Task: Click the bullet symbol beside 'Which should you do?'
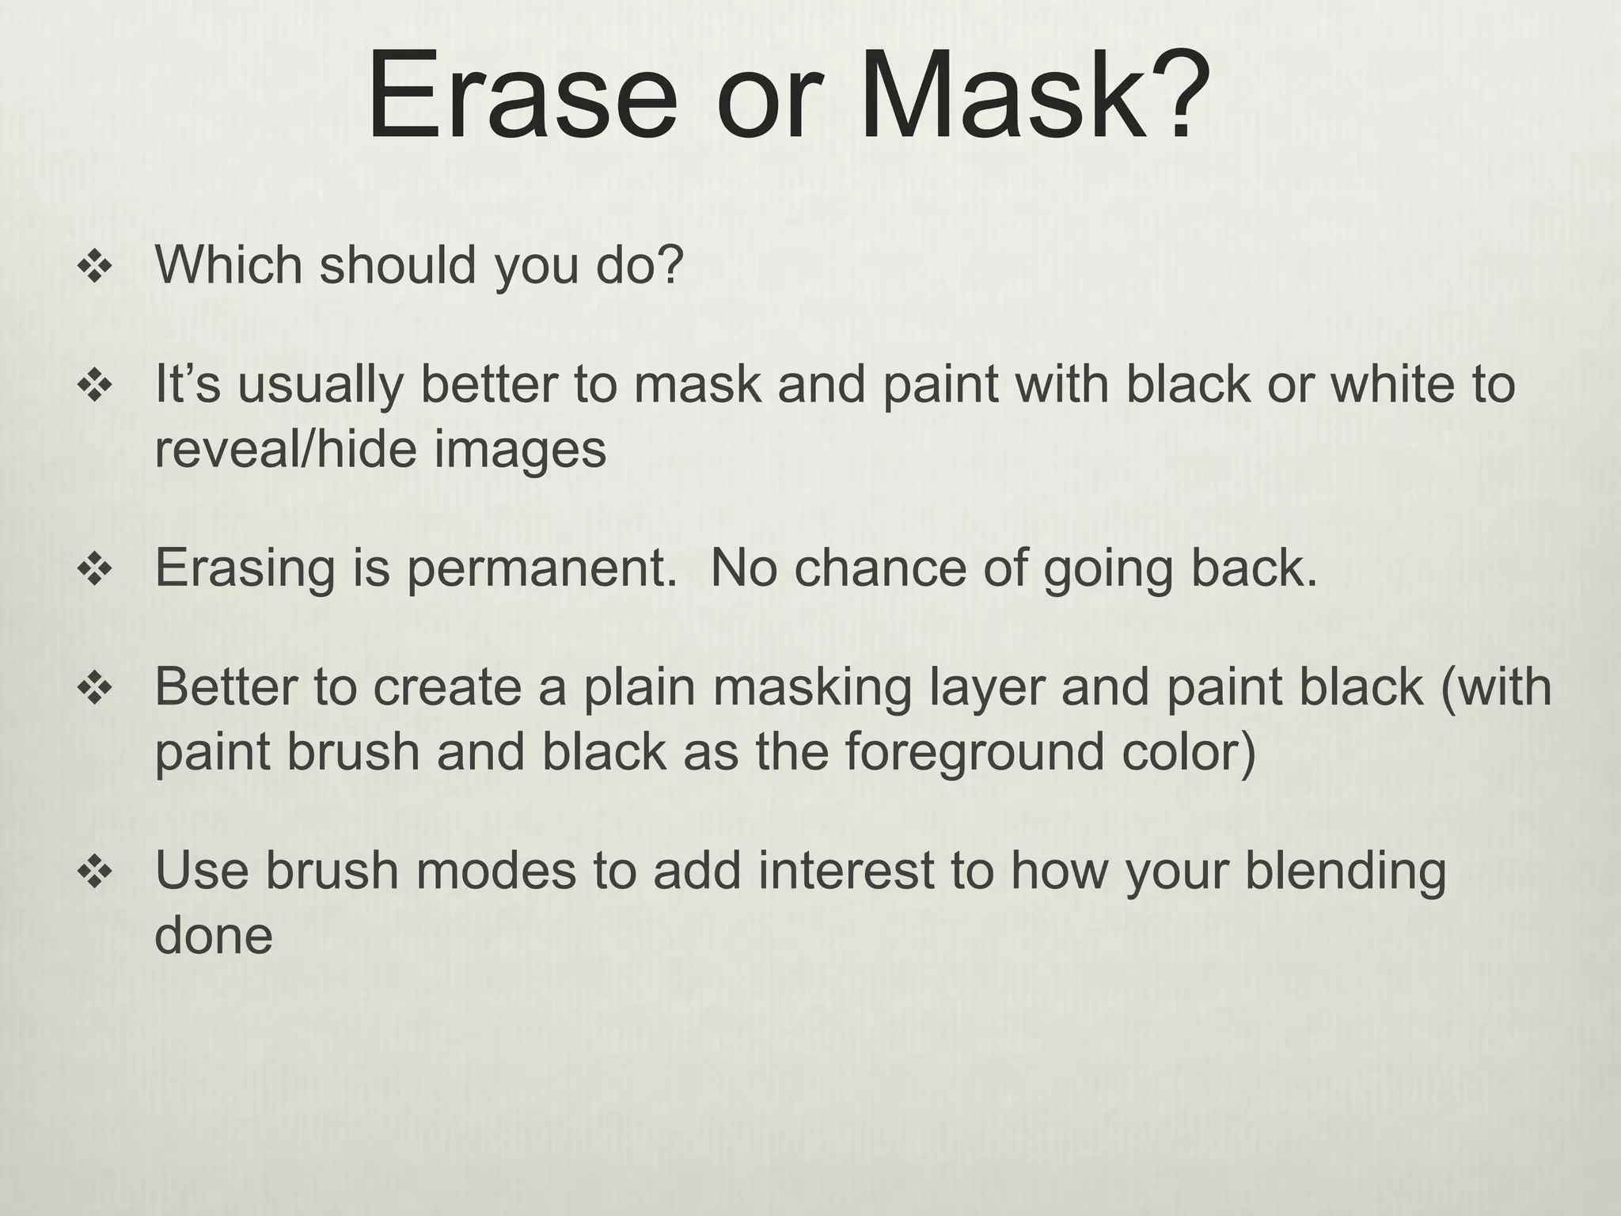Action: [94, 268]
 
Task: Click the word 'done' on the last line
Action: [213, 936]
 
